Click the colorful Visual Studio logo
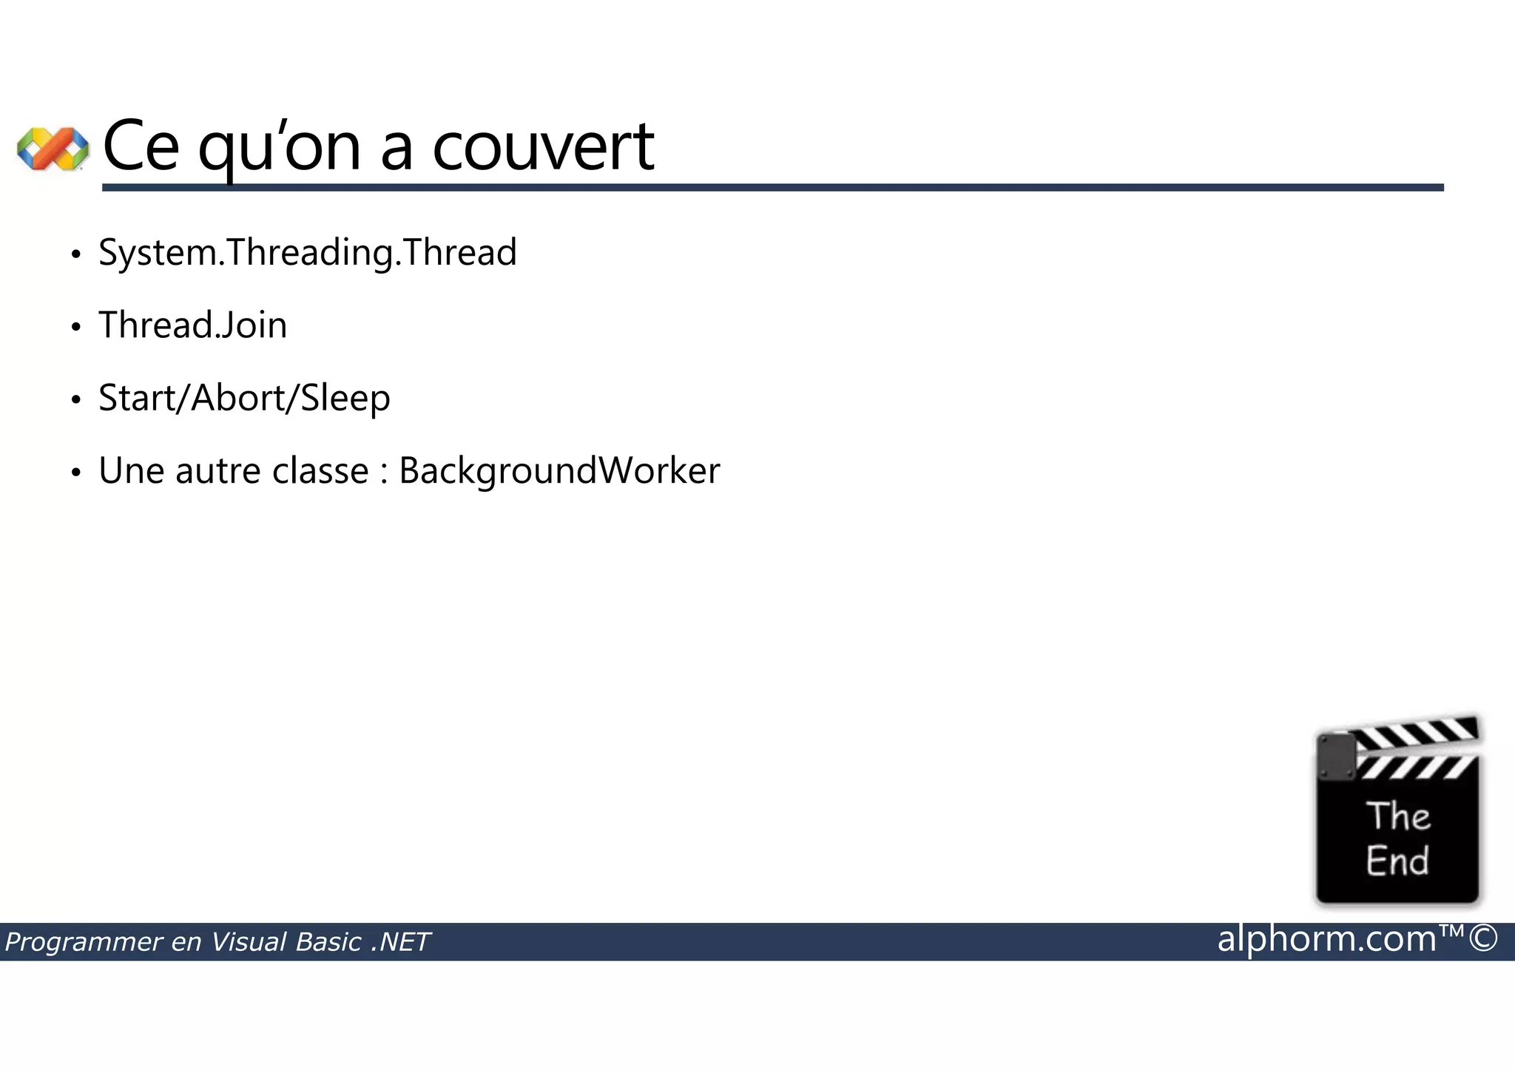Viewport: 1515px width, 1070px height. click(x=53, y=148)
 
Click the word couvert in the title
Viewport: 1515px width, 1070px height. click(x=543, y=146)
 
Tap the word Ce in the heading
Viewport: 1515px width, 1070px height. click(x=141, y=146)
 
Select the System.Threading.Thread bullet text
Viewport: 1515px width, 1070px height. click(x=307, y=253)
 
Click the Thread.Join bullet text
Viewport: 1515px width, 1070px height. click(x=192, y=325)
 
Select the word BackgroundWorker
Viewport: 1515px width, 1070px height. click(x=559, y=471)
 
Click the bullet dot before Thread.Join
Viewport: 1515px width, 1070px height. click(x=75, y=327)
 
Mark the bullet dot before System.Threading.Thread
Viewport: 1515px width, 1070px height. click(x=75, y=254)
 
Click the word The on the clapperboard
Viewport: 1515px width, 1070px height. click(x=1397, y=817)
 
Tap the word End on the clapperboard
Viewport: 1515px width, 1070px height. click(x=1397, y=861)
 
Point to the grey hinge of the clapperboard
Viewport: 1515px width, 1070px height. click(x=1336, y=756)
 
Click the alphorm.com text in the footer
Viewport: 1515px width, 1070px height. click(x=1326, y=939)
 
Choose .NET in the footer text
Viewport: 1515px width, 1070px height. click(x=400, y=942)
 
